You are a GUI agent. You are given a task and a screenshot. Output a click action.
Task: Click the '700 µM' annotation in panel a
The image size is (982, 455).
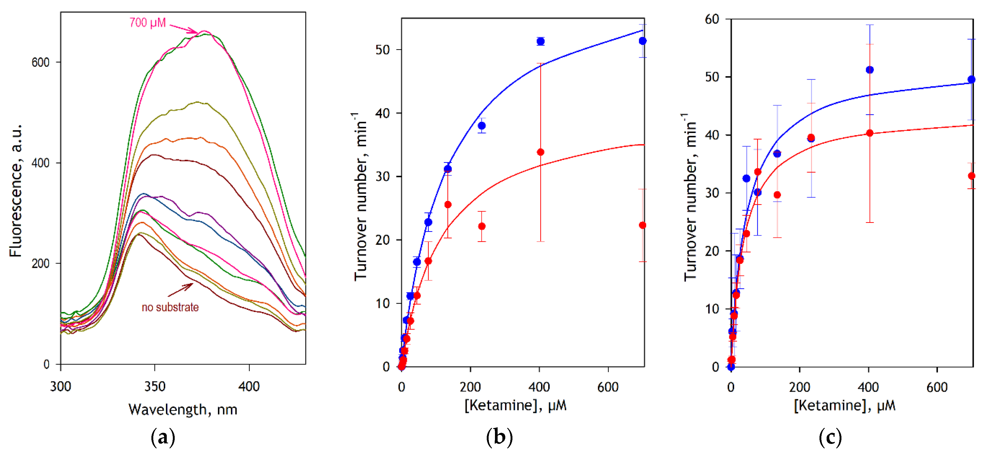147,23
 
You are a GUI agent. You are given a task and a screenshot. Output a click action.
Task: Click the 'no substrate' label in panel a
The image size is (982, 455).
170,307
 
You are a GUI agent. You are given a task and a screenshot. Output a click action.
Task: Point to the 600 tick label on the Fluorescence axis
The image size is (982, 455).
40,62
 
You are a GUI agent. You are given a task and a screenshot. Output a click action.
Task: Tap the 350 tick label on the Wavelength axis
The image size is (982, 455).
155,387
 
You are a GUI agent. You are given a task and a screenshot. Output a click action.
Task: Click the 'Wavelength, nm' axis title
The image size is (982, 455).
183,410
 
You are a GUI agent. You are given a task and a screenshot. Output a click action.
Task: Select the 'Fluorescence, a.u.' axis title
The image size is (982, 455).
16,190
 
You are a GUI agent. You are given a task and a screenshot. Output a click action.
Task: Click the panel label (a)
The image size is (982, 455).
163,437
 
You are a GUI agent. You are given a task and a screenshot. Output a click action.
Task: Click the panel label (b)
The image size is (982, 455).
499,437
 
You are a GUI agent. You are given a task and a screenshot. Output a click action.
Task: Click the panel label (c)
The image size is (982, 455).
830,437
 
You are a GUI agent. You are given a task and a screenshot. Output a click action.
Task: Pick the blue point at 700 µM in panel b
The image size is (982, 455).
642,41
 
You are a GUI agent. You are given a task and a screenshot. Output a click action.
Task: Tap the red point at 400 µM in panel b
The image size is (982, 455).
540,152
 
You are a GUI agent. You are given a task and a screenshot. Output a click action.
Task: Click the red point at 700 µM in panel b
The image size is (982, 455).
642,226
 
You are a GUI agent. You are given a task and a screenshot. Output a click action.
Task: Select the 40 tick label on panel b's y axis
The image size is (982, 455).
382,113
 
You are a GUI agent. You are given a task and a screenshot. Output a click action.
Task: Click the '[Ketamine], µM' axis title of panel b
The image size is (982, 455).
515,405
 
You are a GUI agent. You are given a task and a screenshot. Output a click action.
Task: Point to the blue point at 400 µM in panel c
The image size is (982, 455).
870,70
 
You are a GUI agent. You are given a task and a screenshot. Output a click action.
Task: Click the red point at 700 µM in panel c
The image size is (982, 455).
971,176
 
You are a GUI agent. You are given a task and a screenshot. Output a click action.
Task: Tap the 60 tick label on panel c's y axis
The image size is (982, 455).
712,19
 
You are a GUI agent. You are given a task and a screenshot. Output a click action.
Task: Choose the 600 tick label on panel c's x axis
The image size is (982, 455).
937,387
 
